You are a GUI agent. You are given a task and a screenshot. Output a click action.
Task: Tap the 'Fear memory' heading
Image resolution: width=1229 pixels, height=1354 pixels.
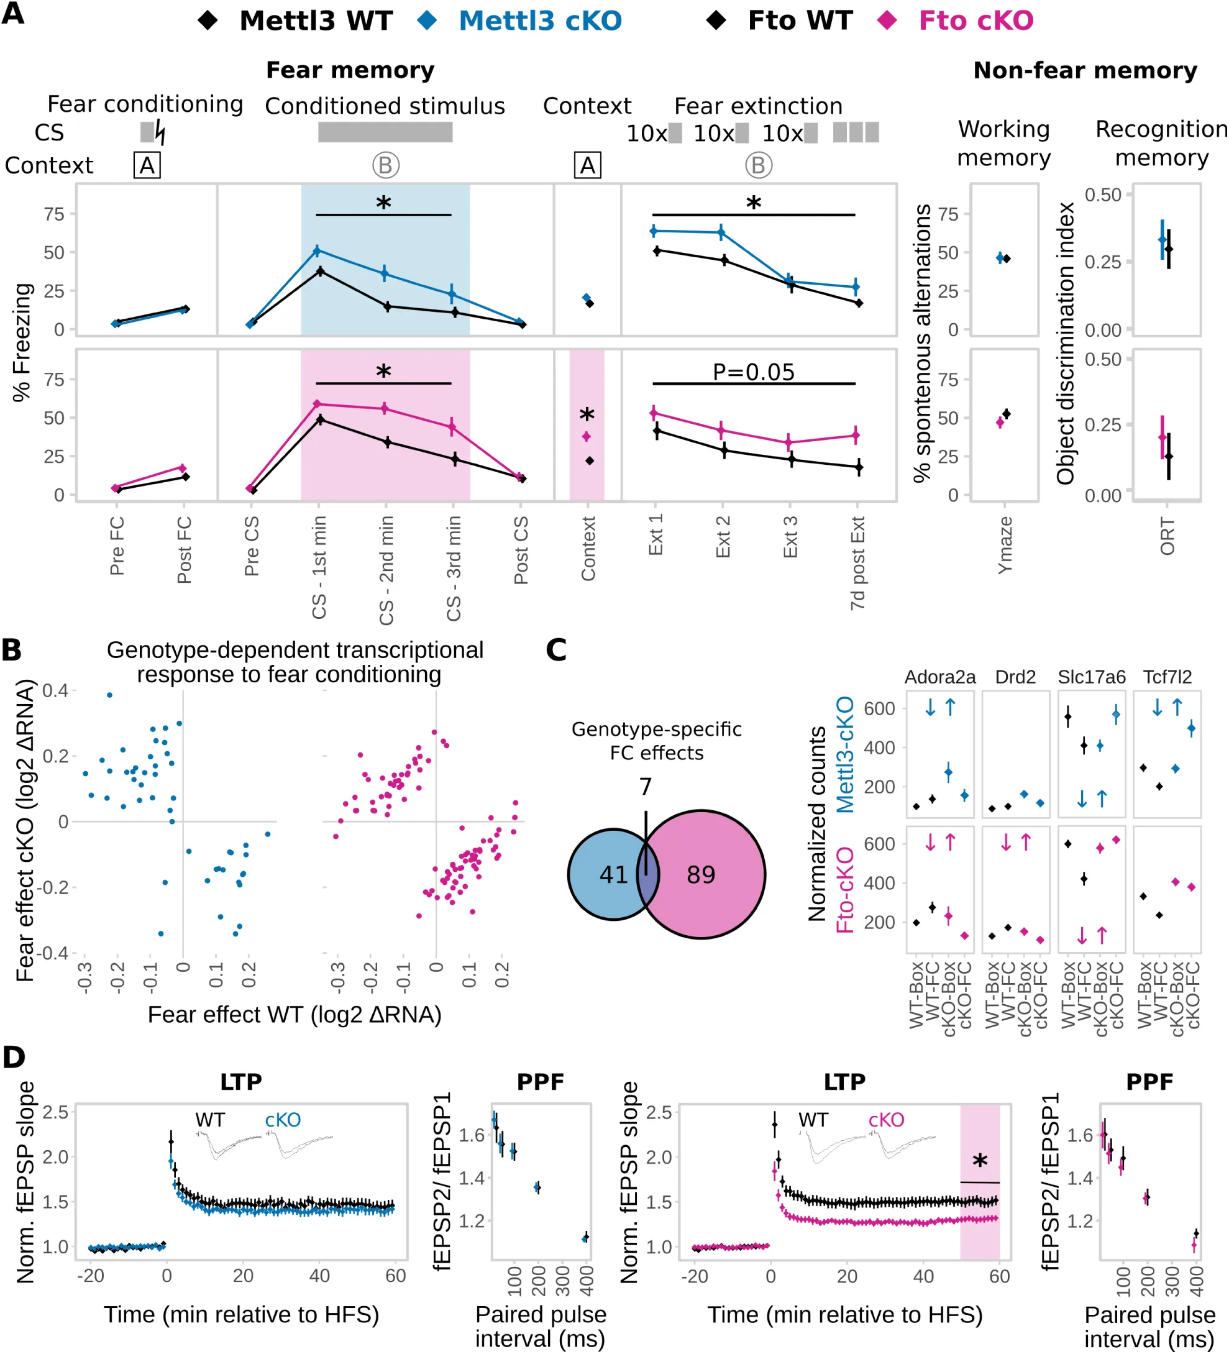pos(350,70)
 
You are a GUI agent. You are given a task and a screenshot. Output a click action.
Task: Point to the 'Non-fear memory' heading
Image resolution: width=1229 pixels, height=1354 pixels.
pos(1085,70)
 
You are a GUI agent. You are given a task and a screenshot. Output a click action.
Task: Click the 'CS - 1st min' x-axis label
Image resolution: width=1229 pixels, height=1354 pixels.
pos(319,567)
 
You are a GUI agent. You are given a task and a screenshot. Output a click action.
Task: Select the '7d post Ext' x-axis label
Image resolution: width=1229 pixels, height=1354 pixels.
pos(857,563)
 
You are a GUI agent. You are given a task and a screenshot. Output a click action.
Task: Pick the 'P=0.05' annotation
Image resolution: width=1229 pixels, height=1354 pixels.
pos(753,372)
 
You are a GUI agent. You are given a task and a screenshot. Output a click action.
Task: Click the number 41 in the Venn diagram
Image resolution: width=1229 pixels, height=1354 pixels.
pos(613,874)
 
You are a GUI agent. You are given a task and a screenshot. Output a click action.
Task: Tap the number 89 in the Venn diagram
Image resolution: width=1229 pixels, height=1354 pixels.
pos(700,874)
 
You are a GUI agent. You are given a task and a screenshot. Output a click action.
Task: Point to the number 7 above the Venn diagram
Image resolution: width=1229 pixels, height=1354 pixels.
pos(646,787)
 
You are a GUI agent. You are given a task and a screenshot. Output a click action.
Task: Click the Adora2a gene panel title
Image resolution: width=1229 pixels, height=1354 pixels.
pos(939,677)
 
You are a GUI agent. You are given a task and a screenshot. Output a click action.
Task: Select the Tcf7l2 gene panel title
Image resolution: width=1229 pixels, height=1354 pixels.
pos(1167,677)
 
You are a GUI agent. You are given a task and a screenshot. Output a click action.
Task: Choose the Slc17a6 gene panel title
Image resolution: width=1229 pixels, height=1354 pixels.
pos(1091,677)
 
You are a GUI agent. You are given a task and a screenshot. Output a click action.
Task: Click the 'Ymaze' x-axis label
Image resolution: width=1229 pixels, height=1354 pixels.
pos(1005,545)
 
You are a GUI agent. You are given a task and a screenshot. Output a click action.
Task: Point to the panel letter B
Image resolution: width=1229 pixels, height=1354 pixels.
pos(11,650)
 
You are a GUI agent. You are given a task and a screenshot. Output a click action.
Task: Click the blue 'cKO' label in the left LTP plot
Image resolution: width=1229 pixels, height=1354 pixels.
pos(282,1120)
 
